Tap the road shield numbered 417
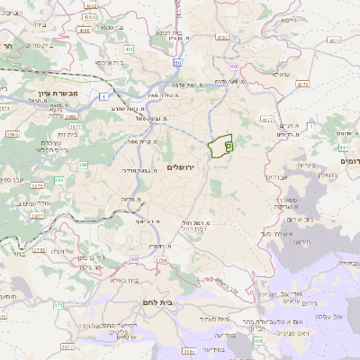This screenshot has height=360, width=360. (x=344, y=147)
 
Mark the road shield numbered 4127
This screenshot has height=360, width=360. (x=265, y=117)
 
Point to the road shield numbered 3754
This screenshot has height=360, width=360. (x=161, y=260)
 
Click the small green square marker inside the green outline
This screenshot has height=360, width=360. (x=228, y=144)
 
